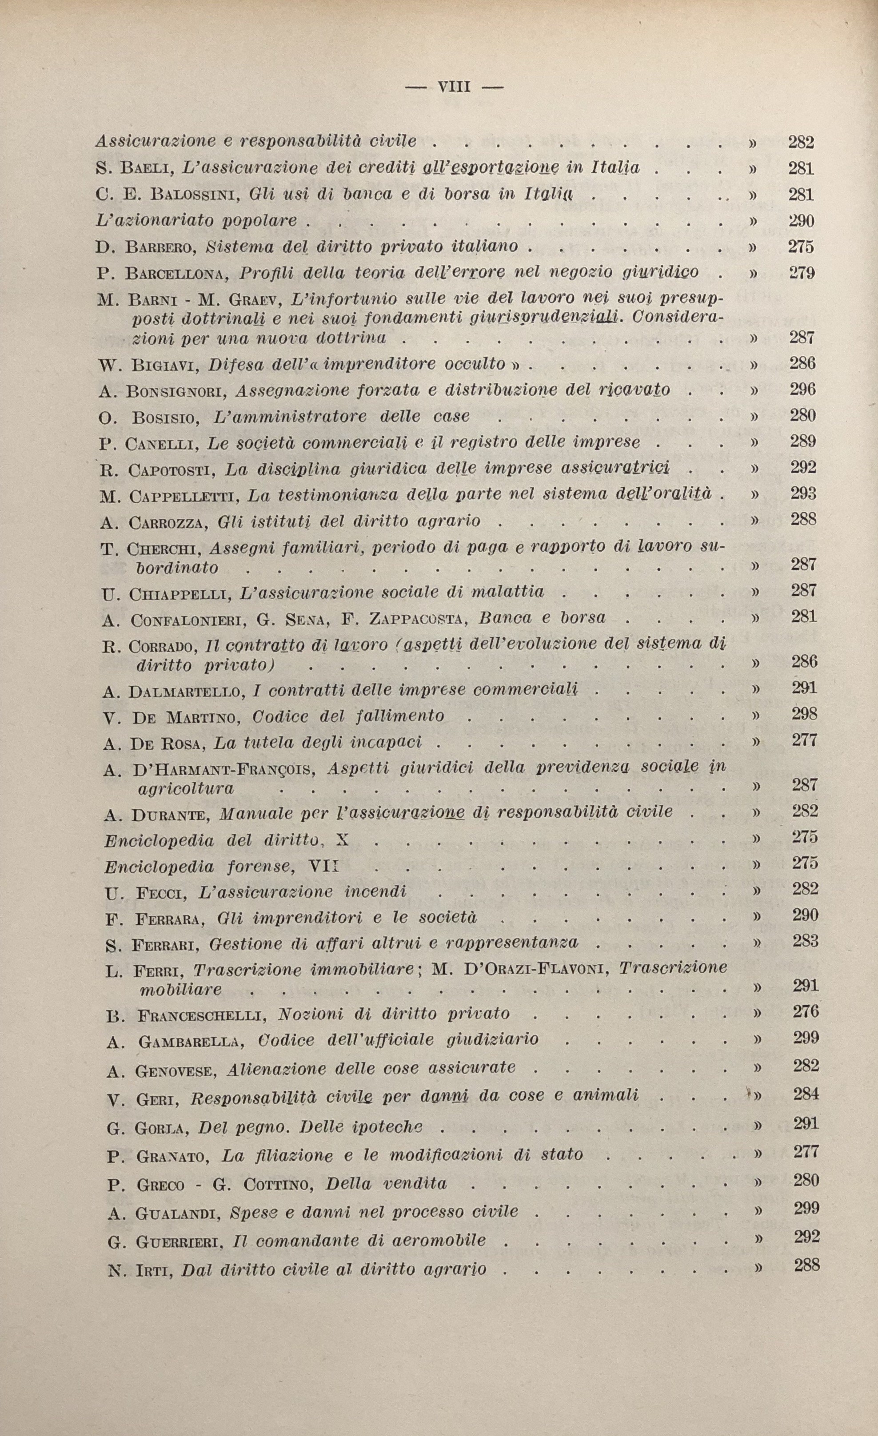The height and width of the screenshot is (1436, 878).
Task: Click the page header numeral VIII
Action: (x=454, y=87)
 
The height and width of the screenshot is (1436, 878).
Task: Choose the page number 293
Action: (x=803, y=493)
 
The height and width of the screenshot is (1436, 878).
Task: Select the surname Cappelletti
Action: (x=181, y=497)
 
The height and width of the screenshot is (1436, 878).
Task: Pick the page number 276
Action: (x=806, y=1011)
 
